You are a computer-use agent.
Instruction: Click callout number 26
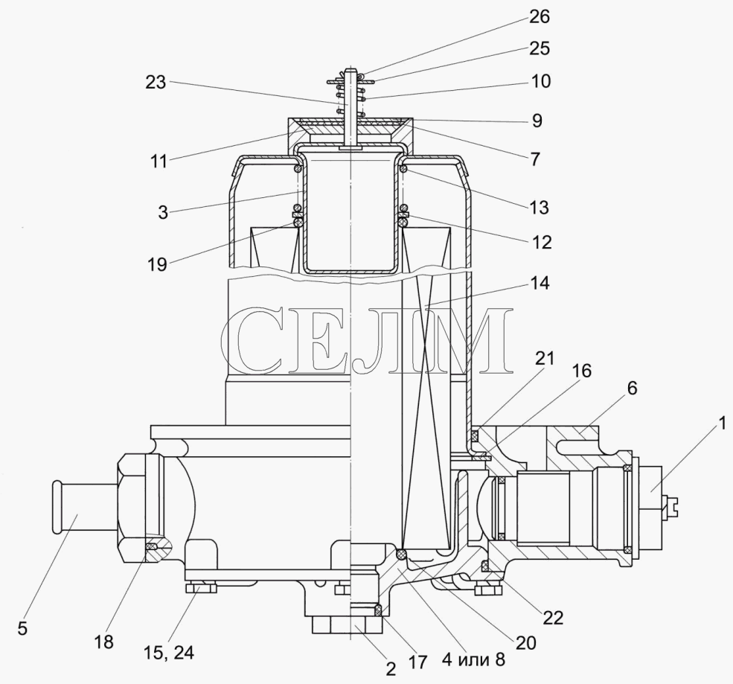[540, 17]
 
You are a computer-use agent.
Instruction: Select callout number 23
[156, 83]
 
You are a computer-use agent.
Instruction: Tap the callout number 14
[540, 283]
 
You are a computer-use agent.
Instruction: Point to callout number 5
[22, 628]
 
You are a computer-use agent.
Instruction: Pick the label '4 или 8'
[473, 659]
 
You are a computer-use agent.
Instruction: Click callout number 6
[632, 388]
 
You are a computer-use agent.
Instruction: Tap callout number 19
[157, 264]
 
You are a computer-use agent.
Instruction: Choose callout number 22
[553, 617]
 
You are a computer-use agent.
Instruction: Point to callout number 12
[541, 242]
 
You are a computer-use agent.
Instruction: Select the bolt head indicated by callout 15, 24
[202, 587]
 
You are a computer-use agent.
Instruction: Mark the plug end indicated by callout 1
[656, 500]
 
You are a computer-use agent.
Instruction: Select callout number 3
[162, 212]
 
